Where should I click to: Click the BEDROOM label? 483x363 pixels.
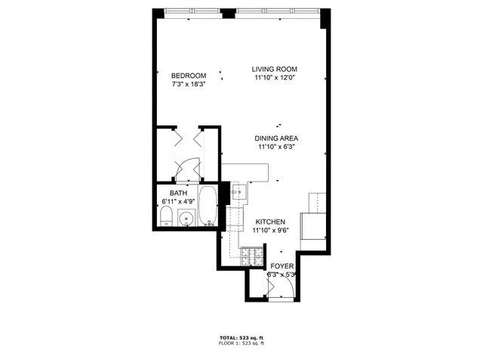click(x=189, y=75)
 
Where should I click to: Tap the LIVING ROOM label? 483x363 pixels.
click(x=275, y=69)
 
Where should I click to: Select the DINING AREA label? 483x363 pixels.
click(x=276, y=138)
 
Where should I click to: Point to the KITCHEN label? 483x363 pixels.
click(x=269, y=221)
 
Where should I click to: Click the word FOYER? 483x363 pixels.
click(x=281, y=266)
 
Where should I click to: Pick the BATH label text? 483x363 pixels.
click(x=178, y=194)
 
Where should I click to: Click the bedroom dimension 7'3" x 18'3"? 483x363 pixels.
click(x=189, y=84)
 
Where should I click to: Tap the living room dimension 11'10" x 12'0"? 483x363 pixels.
click(x=275, y=78)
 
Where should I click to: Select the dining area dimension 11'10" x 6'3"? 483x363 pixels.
click(x=276, y=147)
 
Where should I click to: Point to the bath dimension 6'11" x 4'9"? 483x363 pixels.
click(x=179, y=203)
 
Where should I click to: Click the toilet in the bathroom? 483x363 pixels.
click(x=166, y=219)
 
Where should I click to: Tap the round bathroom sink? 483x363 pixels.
click(x=187, y=219)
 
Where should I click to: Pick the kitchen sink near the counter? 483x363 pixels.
click(x=239, y=194)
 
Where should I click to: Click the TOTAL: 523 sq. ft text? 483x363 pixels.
click(x=241, y=337)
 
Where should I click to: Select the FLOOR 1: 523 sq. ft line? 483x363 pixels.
click(x=241, y=344)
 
